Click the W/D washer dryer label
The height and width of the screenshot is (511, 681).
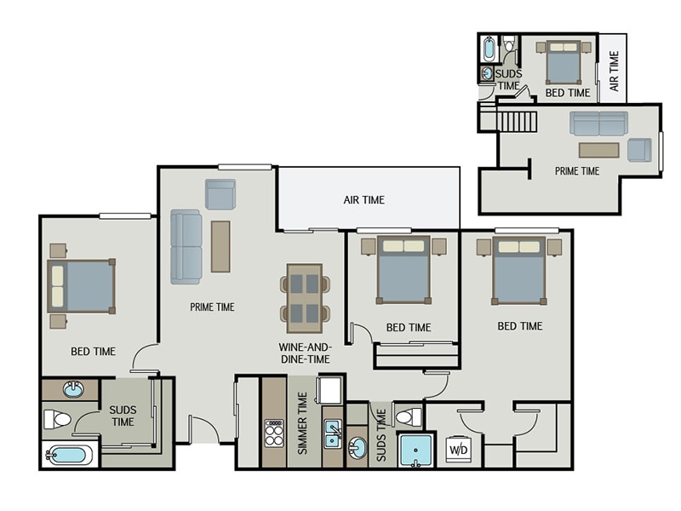(458, 449)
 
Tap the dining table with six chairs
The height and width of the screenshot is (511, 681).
(305, 298)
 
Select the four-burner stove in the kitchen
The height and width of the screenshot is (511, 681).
(273, 433)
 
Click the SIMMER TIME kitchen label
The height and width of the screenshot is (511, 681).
(302, 423)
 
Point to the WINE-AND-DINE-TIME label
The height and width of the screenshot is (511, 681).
(305, 353)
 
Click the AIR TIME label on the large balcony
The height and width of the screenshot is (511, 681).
(363, 200)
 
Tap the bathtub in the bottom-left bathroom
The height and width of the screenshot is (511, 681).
(67, 454)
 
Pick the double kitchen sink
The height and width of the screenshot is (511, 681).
(332, 433)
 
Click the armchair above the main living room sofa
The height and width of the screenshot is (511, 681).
(220, 194)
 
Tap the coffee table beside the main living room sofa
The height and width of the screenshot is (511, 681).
(220, 246)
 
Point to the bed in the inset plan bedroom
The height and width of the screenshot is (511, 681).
(562, 61)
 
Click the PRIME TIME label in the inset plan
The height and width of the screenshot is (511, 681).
(577, 171)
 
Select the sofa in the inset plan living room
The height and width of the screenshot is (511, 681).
(598, 123)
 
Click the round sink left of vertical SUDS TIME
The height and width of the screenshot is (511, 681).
(358, 447)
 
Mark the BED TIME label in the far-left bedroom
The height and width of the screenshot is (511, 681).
(94, 351)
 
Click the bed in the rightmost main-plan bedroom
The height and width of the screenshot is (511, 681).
(518, 271)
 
